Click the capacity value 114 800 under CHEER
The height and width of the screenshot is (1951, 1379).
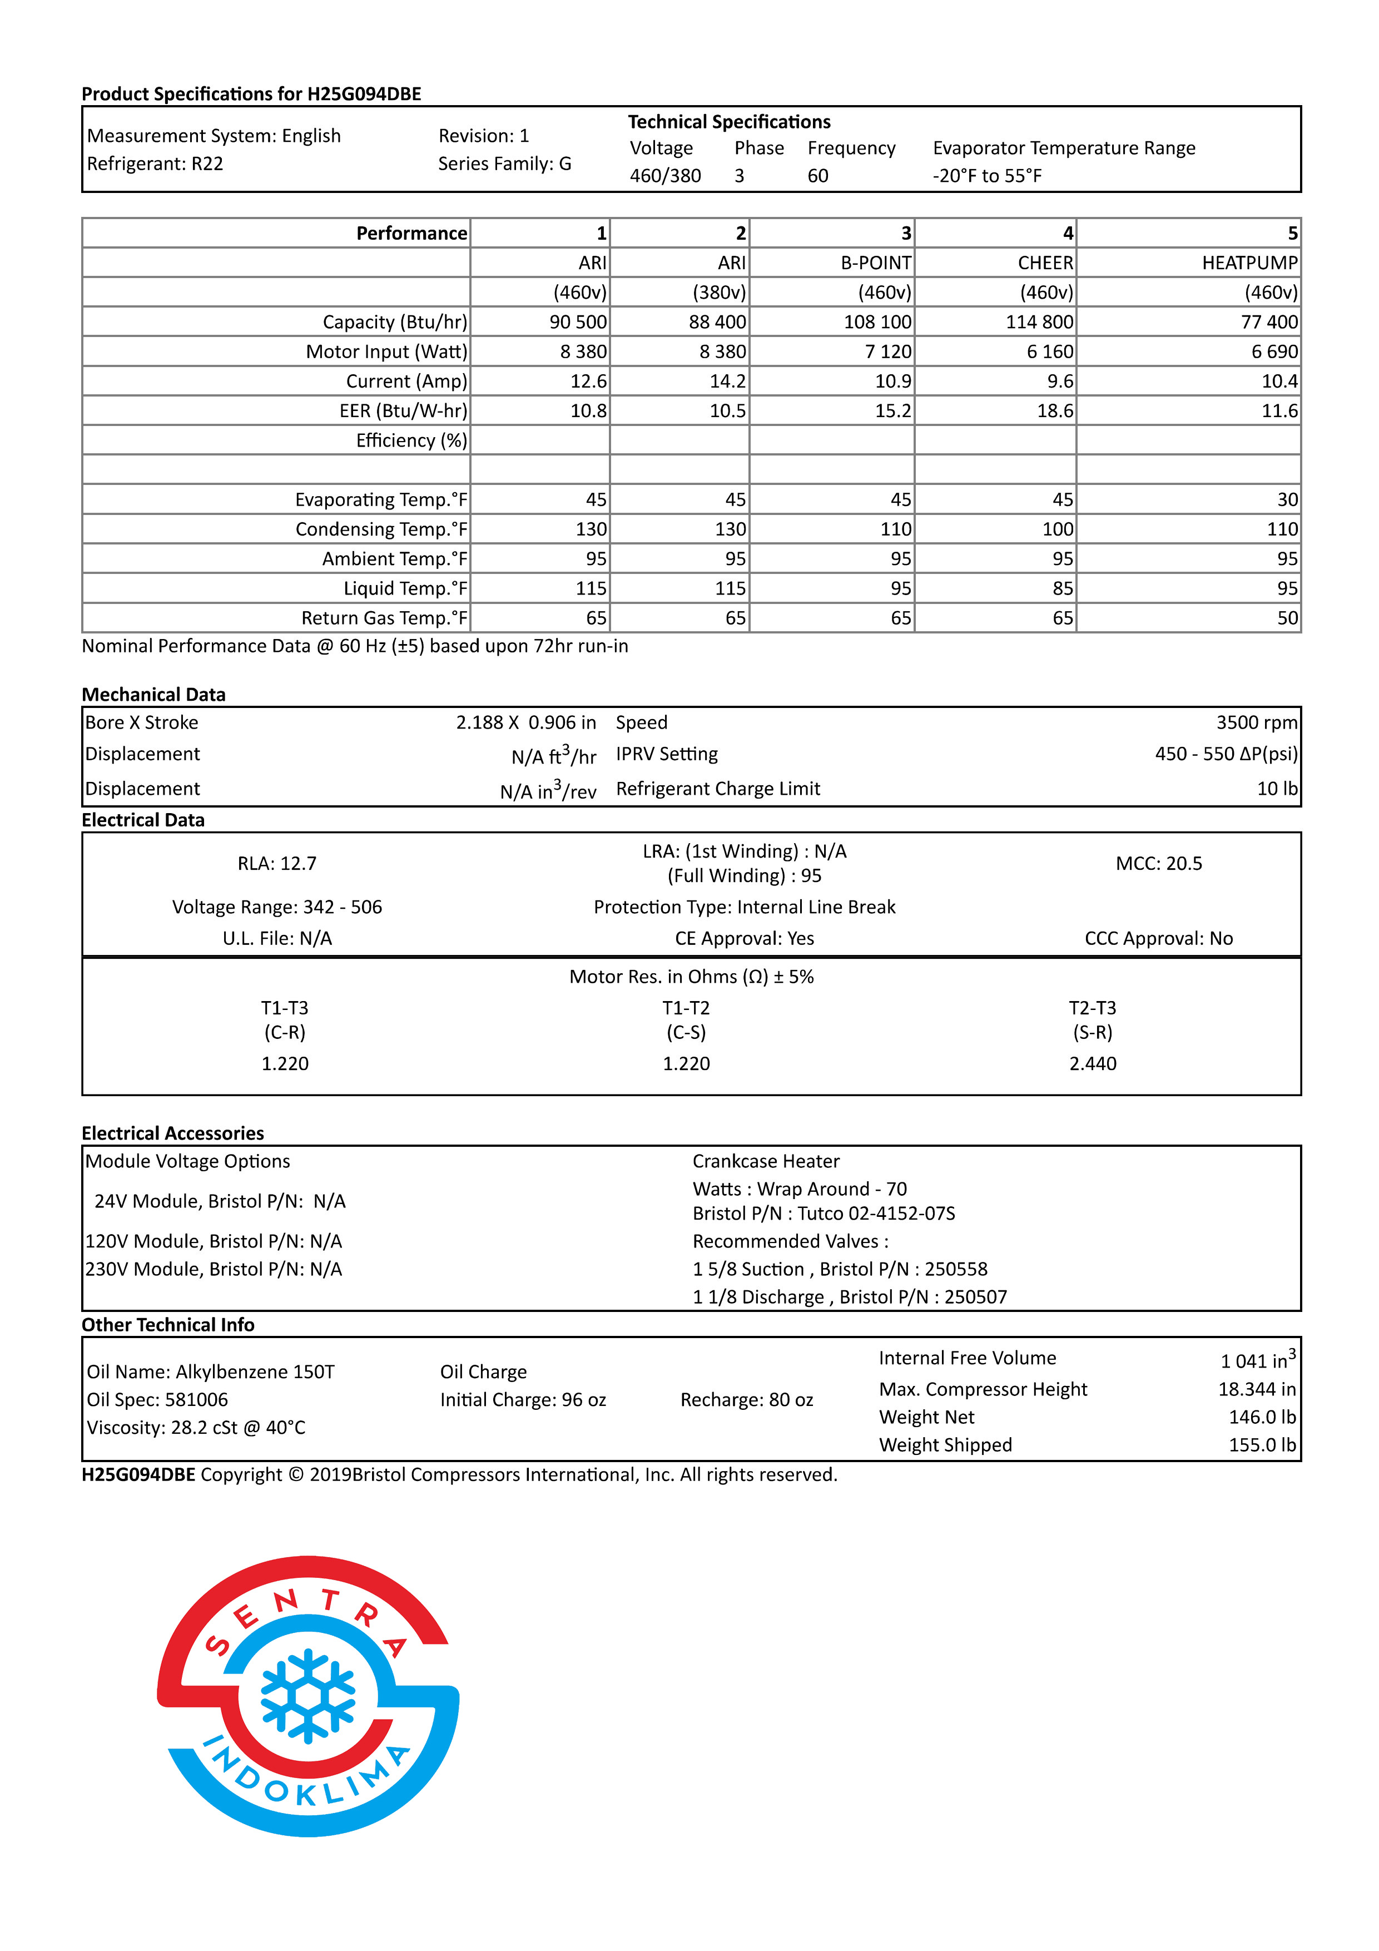1039,322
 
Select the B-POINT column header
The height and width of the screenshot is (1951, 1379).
875,263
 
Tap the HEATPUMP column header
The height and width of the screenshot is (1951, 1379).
1249,263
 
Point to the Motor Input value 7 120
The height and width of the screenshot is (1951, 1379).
888,352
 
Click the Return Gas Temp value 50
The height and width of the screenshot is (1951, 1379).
1287,618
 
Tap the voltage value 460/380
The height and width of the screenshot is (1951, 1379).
665,176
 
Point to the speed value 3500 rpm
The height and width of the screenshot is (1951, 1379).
1256,722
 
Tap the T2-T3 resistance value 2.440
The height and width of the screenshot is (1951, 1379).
1093,1064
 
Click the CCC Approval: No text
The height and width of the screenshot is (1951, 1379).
1158,938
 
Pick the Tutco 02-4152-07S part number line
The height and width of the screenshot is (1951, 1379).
824,1214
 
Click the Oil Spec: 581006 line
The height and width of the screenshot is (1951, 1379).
157,1399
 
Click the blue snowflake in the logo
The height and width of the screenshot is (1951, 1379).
307,1696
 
